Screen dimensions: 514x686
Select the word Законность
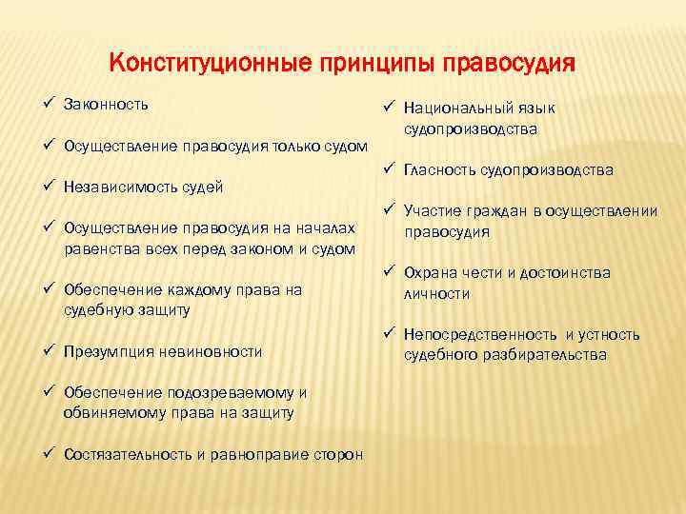pos(106,104)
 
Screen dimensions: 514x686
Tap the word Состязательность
pos(129,454)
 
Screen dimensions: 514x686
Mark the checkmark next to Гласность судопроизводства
pos(390,169)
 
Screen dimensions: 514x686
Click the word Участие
pos(431,211)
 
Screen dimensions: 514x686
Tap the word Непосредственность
pos(480,335)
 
